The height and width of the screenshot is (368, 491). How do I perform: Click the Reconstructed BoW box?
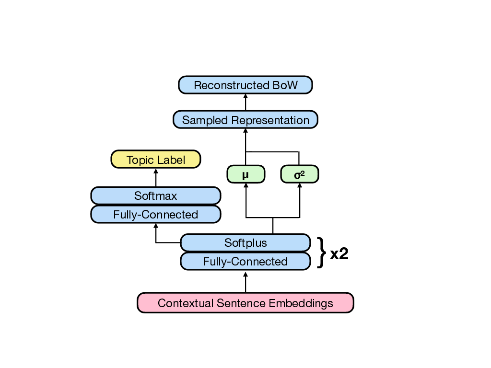coord(245,85)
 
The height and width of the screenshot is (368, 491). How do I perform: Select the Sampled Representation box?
coord(245,120)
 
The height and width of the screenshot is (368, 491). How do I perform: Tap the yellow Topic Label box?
coord(156,160)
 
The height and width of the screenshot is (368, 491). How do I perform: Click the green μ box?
coord(245,175)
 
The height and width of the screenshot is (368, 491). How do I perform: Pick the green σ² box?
coord(300,175)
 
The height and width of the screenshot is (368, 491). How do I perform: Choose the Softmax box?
coord(156,196)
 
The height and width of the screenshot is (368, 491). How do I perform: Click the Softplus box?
coord(245,243)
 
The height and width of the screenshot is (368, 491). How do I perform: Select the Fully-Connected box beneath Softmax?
coord(156,215)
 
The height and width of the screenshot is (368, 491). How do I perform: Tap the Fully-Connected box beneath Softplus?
coord(245,262)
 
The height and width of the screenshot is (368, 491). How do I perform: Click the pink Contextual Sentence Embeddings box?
coord(245,303)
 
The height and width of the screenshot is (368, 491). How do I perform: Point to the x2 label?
coord(339,254)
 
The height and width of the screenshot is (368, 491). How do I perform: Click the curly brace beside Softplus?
coord(322,252)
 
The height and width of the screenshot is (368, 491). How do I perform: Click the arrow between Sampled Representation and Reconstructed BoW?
coord(245,102)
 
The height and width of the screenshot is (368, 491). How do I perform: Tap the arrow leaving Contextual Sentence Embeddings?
coord(245,282)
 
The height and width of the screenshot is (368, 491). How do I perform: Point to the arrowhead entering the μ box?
coord(245,186)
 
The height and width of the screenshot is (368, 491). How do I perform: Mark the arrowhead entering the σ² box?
coord(300,186)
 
